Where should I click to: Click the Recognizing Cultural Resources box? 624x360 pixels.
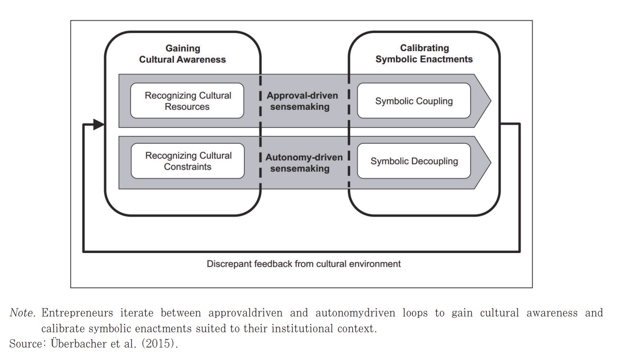[x=187, y=101]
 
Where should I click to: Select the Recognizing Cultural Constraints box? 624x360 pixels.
[x=187, y=161]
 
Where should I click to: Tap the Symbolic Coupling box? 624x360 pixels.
[x=414, y=101]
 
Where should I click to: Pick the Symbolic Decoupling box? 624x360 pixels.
[x=414, y=161]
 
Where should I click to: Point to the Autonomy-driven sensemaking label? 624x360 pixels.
[x=304, y=162]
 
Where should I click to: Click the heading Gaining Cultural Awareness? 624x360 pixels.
[x=183, y=54]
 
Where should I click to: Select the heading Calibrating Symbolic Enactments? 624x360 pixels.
[x=424, y=53]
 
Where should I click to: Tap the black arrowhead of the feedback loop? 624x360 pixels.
[x=99, y=125]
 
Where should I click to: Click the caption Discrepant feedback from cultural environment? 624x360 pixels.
[x=304, y=264]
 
